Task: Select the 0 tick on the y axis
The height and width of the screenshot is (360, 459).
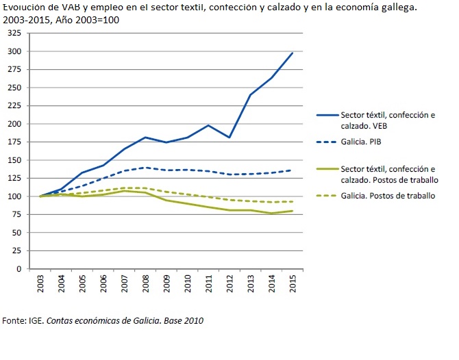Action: pyautogui.click(x=19, y=268)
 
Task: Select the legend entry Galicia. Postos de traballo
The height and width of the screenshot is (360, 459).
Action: pyautogui.click(x=387, y=196)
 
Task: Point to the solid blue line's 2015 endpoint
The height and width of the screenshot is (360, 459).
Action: pyautogui.click(x=293, y=53)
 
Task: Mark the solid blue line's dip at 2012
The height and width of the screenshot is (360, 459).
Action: pyautogui.click(x=230, y=138)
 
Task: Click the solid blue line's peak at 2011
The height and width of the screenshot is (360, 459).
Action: pyautogui.click(x=209, y=125)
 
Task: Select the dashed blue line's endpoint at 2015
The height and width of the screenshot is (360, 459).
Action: pyautogui.click(x=293, y=170)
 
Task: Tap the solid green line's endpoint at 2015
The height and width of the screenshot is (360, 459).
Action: pyautogui.click(x=293, y=211)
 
